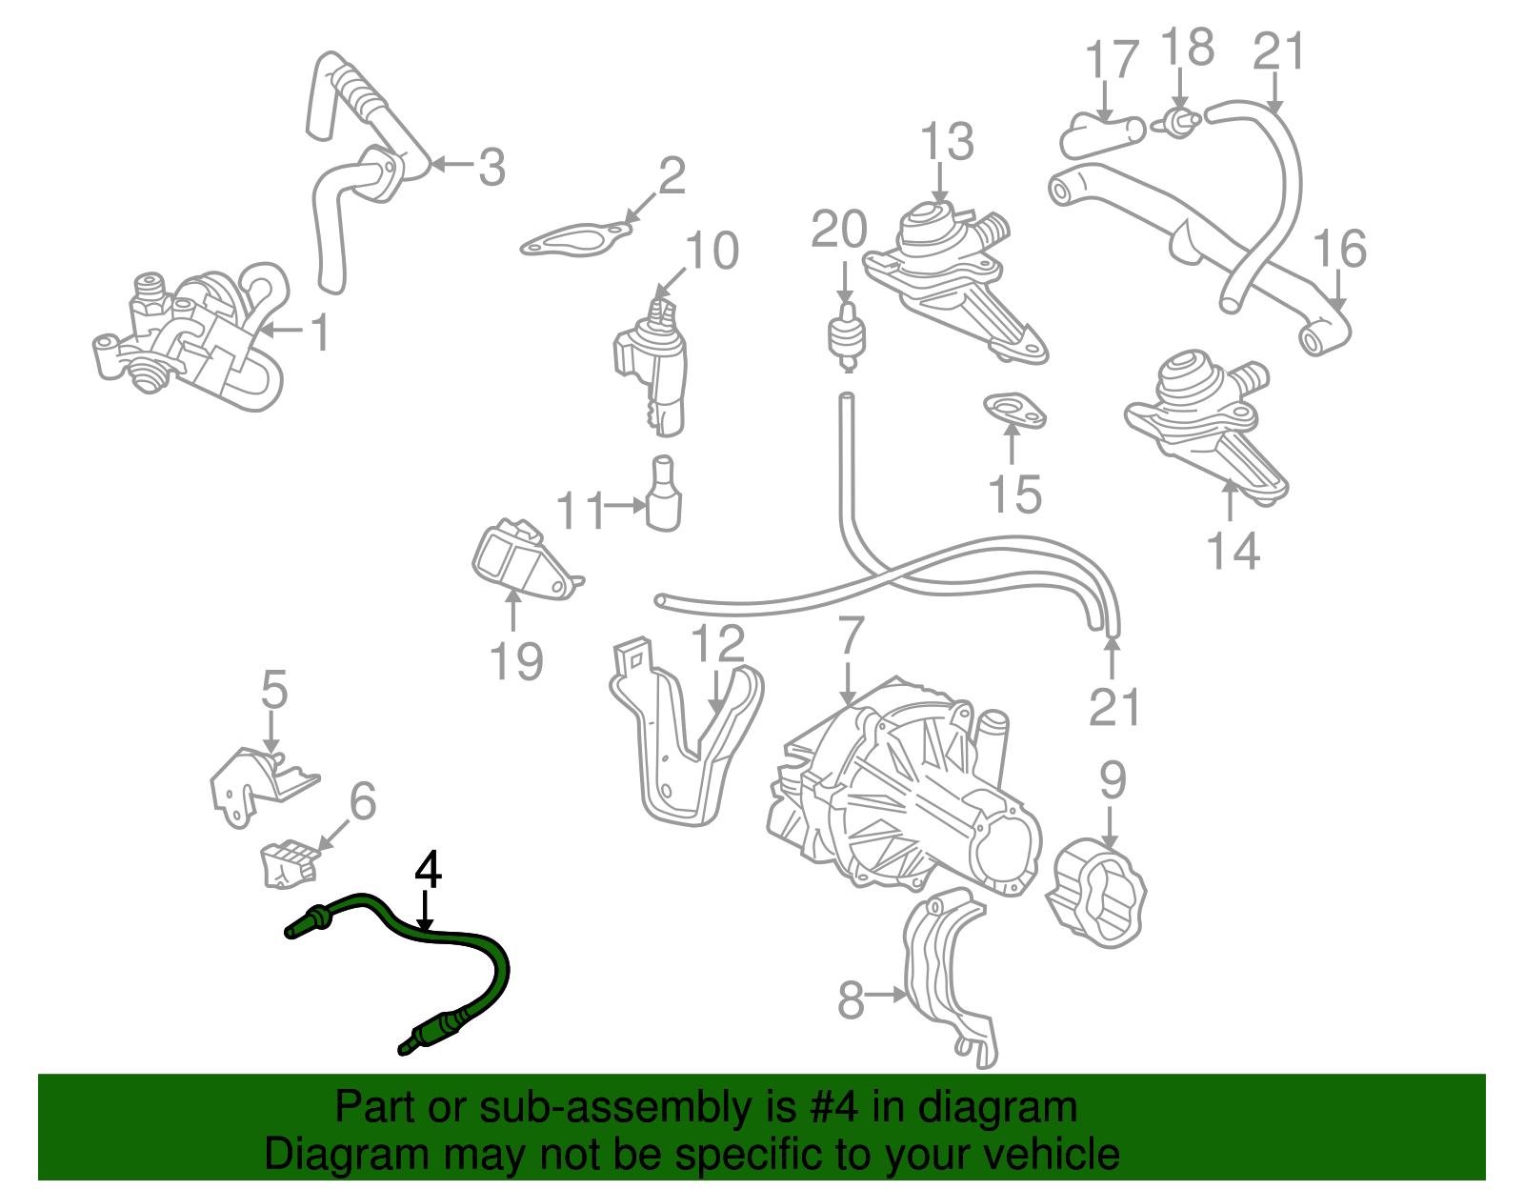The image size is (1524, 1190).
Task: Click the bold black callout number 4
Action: click(429, 871)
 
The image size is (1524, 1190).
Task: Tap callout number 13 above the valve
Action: click(946, 142)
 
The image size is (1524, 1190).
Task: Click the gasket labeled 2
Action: click(577, 239)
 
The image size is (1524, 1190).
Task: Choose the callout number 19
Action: click(516, 661)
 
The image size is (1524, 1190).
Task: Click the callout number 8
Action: click(851, 1001)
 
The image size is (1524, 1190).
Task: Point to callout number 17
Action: click(1112, 59)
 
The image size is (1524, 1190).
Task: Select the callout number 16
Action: click(1339, 249)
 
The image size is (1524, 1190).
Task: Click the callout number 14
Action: click(1233, 551)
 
